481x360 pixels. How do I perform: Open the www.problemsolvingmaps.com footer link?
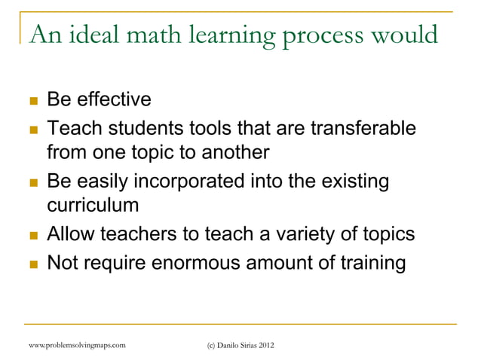(75, 345)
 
